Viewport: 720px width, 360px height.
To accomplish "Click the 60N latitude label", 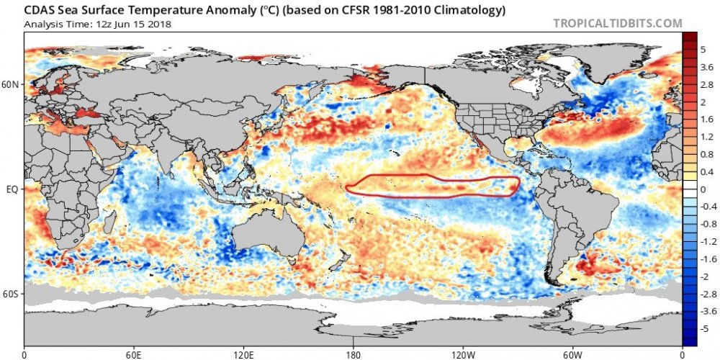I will coord(12,85).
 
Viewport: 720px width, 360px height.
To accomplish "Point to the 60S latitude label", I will coord(12,294).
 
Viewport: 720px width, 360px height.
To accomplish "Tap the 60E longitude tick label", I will coord(134,354).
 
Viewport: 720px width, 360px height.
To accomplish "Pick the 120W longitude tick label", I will coord(463,354).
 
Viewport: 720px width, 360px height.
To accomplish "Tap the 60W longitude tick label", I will coord(572,354).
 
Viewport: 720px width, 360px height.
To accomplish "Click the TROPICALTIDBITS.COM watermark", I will coord(617,23).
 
